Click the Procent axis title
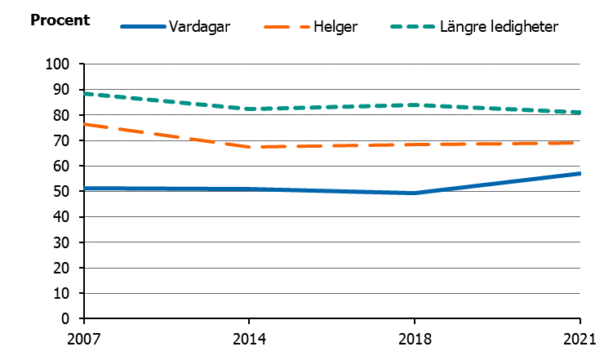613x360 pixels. click(x=60, y=19)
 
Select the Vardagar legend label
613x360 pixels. click(x=200, y=27)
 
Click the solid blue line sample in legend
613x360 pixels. click(x=143, y=27)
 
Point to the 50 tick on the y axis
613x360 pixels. click(x=69, y=191)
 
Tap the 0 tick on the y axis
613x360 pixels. click(x=73, y=318)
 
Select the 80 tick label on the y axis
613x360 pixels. click(x=69, y=115)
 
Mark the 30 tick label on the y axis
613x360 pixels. click(x=69, y=242)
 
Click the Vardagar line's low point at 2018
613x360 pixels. click(x=415, y=193)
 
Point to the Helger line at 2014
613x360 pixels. click(x=249, y=147)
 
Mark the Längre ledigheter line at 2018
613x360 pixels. click(x=415, y=104)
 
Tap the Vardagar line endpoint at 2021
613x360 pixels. click(x=580, y=173)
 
